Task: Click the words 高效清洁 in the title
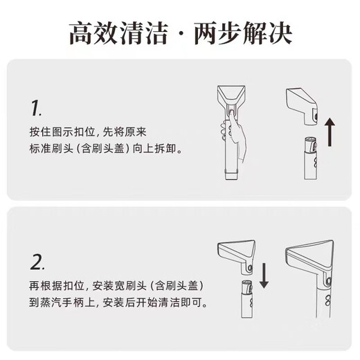point(120,32)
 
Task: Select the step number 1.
point(36,107)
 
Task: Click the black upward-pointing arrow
point(330,133)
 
